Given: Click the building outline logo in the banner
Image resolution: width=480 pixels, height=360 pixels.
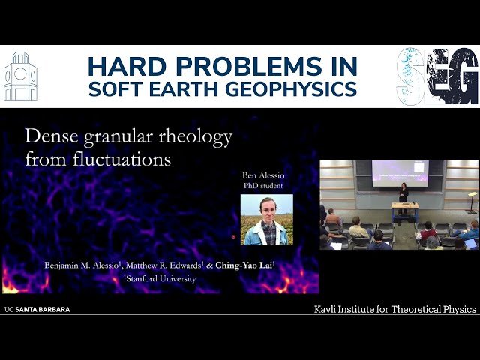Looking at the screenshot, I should pos(20,76).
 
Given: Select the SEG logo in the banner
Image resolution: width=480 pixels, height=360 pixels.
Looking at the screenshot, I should pos(437,76).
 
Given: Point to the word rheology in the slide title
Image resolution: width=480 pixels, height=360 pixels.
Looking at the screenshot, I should pos(196,137).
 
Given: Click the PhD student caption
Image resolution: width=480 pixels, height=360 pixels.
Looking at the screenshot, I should pos(266,186).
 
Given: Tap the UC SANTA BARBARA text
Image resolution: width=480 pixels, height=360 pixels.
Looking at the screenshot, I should pos(37,309).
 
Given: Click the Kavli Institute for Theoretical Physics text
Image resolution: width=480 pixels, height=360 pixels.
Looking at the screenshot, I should pos(395,309).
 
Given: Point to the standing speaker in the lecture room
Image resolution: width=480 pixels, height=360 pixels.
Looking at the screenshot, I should pos(403,193).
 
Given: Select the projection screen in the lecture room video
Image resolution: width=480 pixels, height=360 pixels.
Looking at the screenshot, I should pos(400,172).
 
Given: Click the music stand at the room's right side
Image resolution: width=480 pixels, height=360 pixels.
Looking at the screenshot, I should pos(472,199).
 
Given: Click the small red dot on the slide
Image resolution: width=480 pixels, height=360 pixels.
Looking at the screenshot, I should pos(233,237).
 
